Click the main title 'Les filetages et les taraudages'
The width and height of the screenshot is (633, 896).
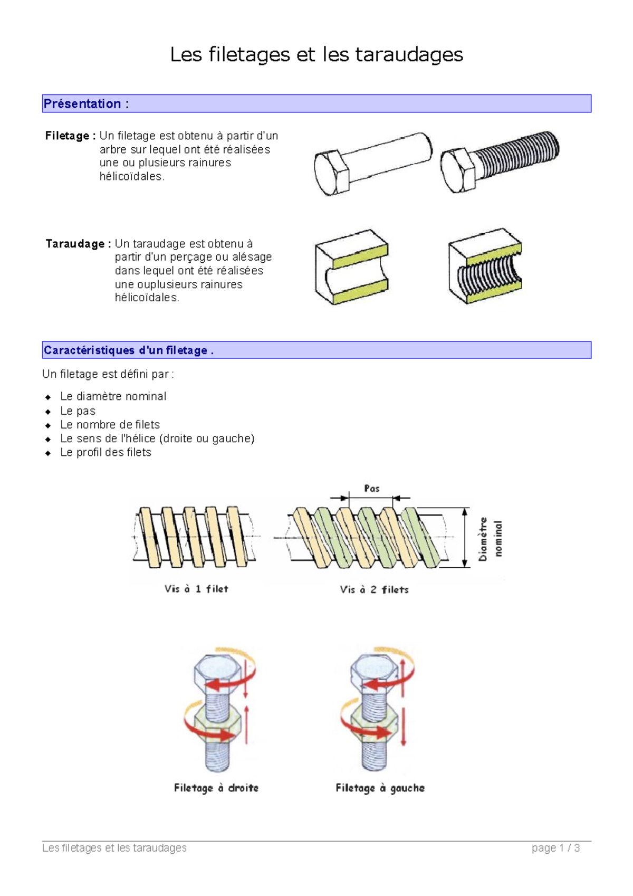pos(316,54)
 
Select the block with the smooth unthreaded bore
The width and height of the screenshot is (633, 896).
pos(351,267)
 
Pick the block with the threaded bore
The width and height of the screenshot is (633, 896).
pos(485,266)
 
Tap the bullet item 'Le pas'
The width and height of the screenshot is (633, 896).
pos(78,411)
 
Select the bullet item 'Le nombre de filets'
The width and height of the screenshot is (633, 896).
pos(110,425)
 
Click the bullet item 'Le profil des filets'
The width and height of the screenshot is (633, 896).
pos(105,452)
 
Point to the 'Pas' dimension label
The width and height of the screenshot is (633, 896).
pos(371,489)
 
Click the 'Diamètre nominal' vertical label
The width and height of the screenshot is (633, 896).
pos(490,538)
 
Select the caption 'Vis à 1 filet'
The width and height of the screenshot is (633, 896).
pos(196,589)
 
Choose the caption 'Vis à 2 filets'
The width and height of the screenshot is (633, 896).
pos(374,589)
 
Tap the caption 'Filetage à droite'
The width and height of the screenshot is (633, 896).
pos(216,788)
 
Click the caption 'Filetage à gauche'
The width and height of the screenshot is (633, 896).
pos(380,788)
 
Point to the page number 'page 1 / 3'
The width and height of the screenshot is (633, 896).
pos(555,848)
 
